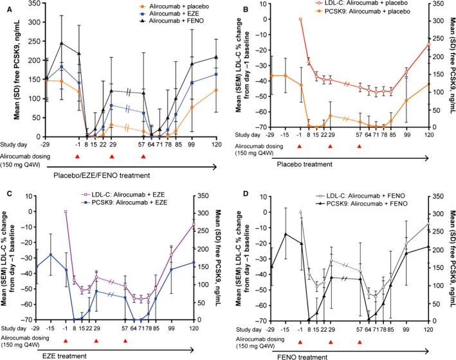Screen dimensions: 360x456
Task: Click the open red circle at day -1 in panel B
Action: [300, 19]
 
